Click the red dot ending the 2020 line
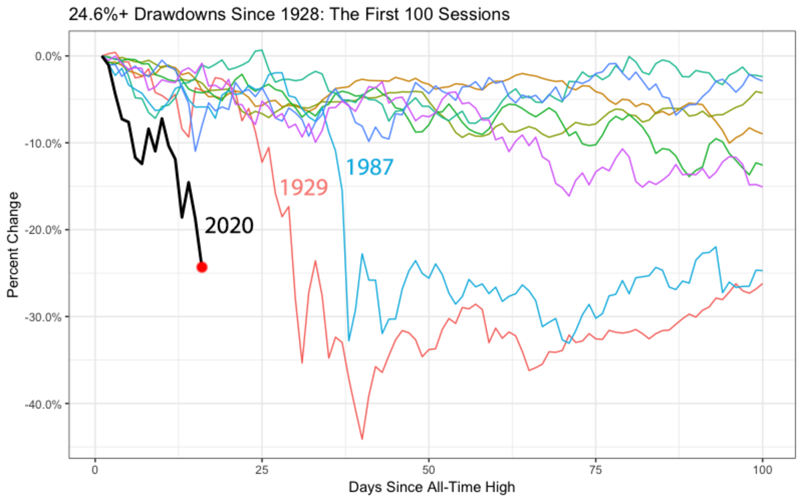(201, 267)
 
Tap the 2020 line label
(229, 226)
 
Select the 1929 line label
(303, 187)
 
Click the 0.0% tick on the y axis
(48, 56)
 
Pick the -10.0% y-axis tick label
(45, 143)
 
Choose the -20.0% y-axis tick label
(45, 230)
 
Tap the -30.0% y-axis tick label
(45, 317)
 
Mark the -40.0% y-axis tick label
(45, 404)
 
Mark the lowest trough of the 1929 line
(362, 439)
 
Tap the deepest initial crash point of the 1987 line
(349, 341)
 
